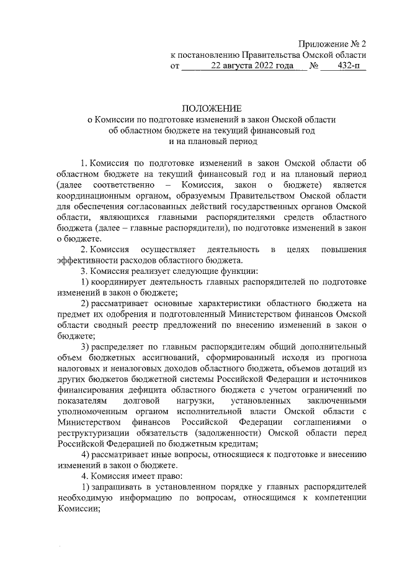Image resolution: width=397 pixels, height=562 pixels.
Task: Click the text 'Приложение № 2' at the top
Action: pos(332,44)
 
